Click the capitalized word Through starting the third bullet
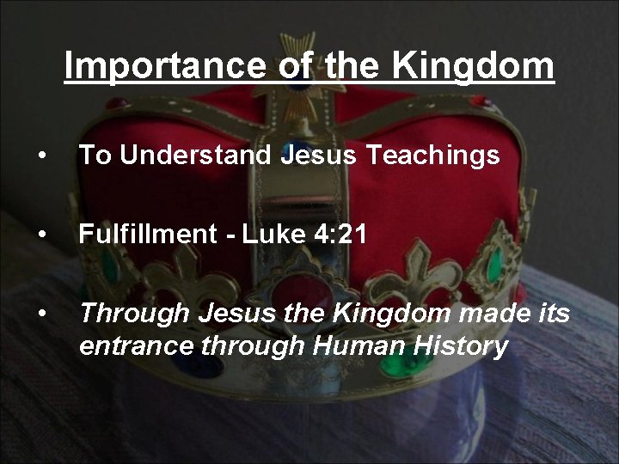click(x=134, y=314)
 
